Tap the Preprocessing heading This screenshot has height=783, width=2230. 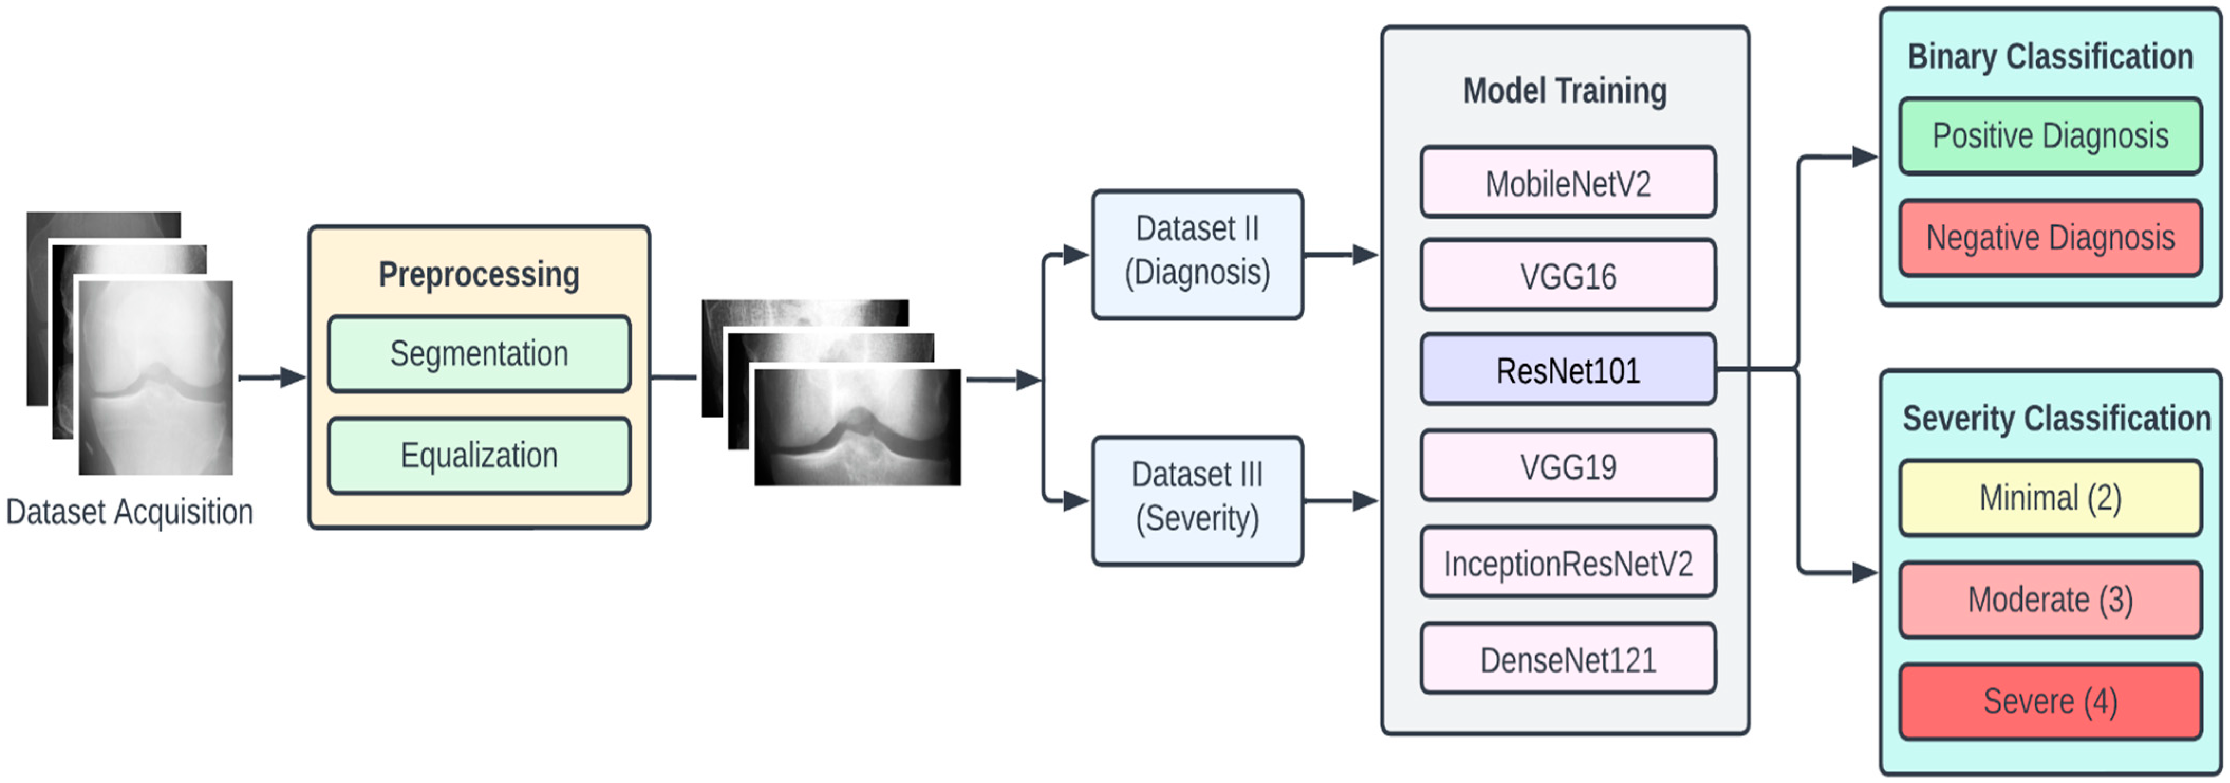pyautogui.click(x=479, y=274)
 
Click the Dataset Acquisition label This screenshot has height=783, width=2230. pyautogui.click(x=130, y=512)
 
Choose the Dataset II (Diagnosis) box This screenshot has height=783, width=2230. pyautogui.click(x=1197, y=254)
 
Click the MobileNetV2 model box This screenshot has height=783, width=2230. pyautogui.click(x=1568, y=183)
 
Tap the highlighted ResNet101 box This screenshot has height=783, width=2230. pyautogui.click(x=1568, y=371)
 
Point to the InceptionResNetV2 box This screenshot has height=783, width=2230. pyautogui.click(x=1568, y=563)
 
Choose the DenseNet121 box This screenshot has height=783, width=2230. pyautogui.click(x=1568, y=659)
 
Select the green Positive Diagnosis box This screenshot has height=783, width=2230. pyautogui.click(x=2050, y=136)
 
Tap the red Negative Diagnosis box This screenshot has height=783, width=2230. pyautogui.click(x=2050, y=237)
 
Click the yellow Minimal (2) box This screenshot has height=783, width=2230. pyautogui.click(x=2050, y=498)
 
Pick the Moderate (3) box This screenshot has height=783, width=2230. pyautogui.click(x=2050, y=600)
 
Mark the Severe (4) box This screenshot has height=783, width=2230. pyautogui.click(x=2050, y=701)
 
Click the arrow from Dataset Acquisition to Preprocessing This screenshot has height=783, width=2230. pyautogui.click(x=272, y=377)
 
